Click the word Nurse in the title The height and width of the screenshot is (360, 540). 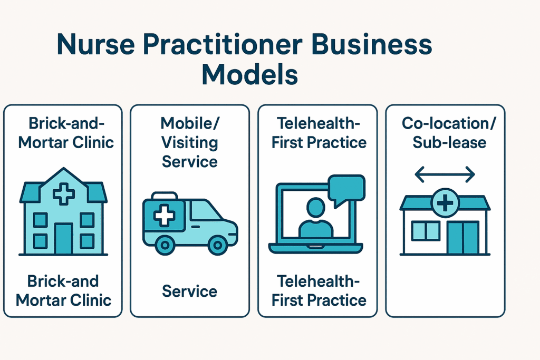pyautogui.click(x=96, y=44)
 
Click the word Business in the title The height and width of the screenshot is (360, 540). pyautogui.click(x=371, y=44)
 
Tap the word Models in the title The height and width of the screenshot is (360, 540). pyautogui.click(x=249, y=74)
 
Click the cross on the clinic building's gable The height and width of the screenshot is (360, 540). pyautogui.click(x=64, y=194)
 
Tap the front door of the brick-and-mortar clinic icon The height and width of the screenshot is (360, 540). pyautogui.click(x=64, y=239)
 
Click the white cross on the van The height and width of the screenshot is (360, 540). pyautogui.click(x=164, y=216)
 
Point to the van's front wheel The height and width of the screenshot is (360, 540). pyautogui.click(x=217, y=245)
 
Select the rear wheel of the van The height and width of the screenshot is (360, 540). pyautogui.click(x=165, y=245)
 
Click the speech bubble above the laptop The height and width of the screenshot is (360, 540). pyautogui.click(x=346, y=189)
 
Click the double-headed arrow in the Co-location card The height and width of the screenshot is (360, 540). pyautogui.click(x=445, y=174)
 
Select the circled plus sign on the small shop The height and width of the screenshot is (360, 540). pyautogui.click(x=445, y=203)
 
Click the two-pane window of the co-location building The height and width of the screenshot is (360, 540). pyautogui.click(x=426, y=231)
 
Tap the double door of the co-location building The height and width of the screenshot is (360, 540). pyautogui.click(x=463, y=238)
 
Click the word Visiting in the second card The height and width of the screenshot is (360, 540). pyautogui.click(x=190, y=143)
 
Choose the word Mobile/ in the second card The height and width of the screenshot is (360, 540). pyautogui.click(x=190, y=123)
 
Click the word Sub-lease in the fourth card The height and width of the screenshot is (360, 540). pyautogui.click(x=449, y=142)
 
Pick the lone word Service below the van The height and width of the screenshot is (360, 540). pyautogui.click(x=190, y=291)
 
